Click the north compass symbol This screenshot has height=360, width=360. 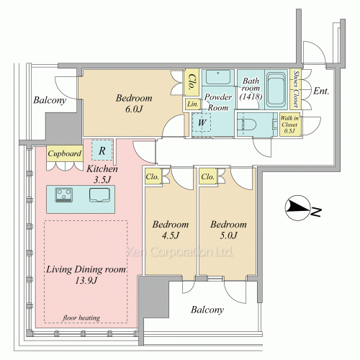click(297, 208)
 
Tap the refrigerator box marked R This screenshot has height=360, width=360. click(102, 150)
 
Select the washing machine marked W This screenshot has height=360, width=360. click(202, 122)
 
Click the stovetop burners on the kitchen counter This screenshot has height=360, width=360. click(64, 194)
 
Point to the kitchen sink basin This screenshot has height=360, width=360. click(100, 194)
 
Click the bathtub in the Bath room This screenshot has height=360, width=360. click(276, 89)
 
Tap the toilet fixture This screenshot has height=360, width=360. click(246, 125)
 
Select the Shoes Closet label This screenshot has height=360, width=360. click(296, 89)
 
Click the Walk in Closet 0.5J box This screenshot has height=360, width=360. click(289, 125)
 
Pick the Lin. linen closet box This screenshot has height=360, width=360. click(193, 104)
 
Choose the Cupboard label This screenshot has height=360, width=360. click(65, 153)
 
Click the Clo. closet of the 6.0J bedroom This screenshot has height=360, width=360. click(192, 82)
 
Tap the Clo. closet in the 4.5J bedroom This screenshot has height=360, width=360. click(153, 176)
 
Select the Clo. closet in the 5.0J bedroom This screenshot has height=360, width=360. click(208, 176)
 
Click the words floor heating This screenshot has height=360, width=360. click(81, 318)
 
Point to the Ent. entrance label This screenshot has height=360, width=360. click(321, 91)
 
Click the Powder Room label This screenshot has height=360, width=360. click(218, 102)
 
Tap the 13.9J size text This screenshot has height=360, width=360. click(86, 280)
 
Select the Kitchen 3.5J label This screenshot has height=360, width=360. click(102, 174)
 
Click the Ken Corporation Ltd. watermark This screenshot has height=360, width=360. click(179, 252)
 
